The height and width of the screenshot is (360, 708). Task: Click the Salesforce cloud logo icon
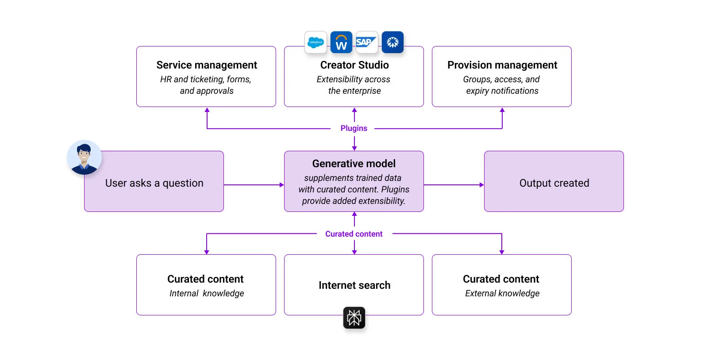pyautogui.click(x=316, y=42)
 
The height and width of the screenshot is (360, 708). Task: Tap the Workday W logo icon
pyautogui.click(x=341, y=42)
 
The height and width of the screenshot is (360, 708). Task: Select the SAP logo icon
pyautogui.click(x=367, y=42)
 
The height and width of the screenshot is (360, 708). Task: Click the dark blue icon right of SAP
pyautogui.click(x=392, y=42)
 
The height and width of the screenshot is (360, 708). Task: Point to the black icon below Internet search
pyautogui.click(x=354, y=318)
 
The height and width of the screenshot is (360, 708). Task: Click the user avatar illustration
pyautogui.click(x=84, y=157)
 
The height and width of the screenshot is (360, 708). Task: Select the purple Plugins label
pyautogui.click(x=354, y=128)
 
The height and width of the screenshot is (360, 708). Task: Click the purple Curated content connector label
pyautogui.click(x=354, y=234)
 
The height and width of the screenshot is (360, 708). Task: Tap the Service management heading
pyautogui.click(x=207, y=65)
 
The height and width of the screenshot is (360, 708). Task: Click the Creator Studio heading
pyautogui.click(x=354, y=65)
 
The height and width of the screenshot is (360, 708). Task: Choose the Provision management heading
pyautogui.click(x=502, y=65)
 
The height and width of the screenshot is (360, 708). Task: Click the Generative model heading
pyautogui.click(x=354, y=164)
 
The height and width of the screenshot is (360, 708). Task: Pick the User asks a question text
pyautogui.click(x=154, y=183)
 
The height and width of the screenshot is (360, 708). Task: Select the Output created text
pyautogui.click(x=554, y=183)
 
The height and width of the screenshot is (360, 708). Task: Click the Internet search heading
pyautogui.click(x=354, y=285)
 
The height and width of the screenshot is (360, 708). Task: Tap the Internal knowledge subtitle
pyautogui.click(x=207, y=293)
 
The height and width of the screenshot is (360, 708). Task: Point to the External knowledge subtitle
pyautogui.click(x=502, y=293)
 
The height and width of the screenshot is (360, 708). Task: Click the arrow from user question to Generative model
pyautogui.click(x=254, y=185)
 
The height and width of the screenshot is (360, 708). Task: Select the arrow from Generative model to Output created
pyautogui.click(x=454, y=185)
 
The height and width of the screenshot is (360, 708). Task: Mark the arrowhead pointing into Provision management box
pyautogui.click(x=502, y=110)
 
